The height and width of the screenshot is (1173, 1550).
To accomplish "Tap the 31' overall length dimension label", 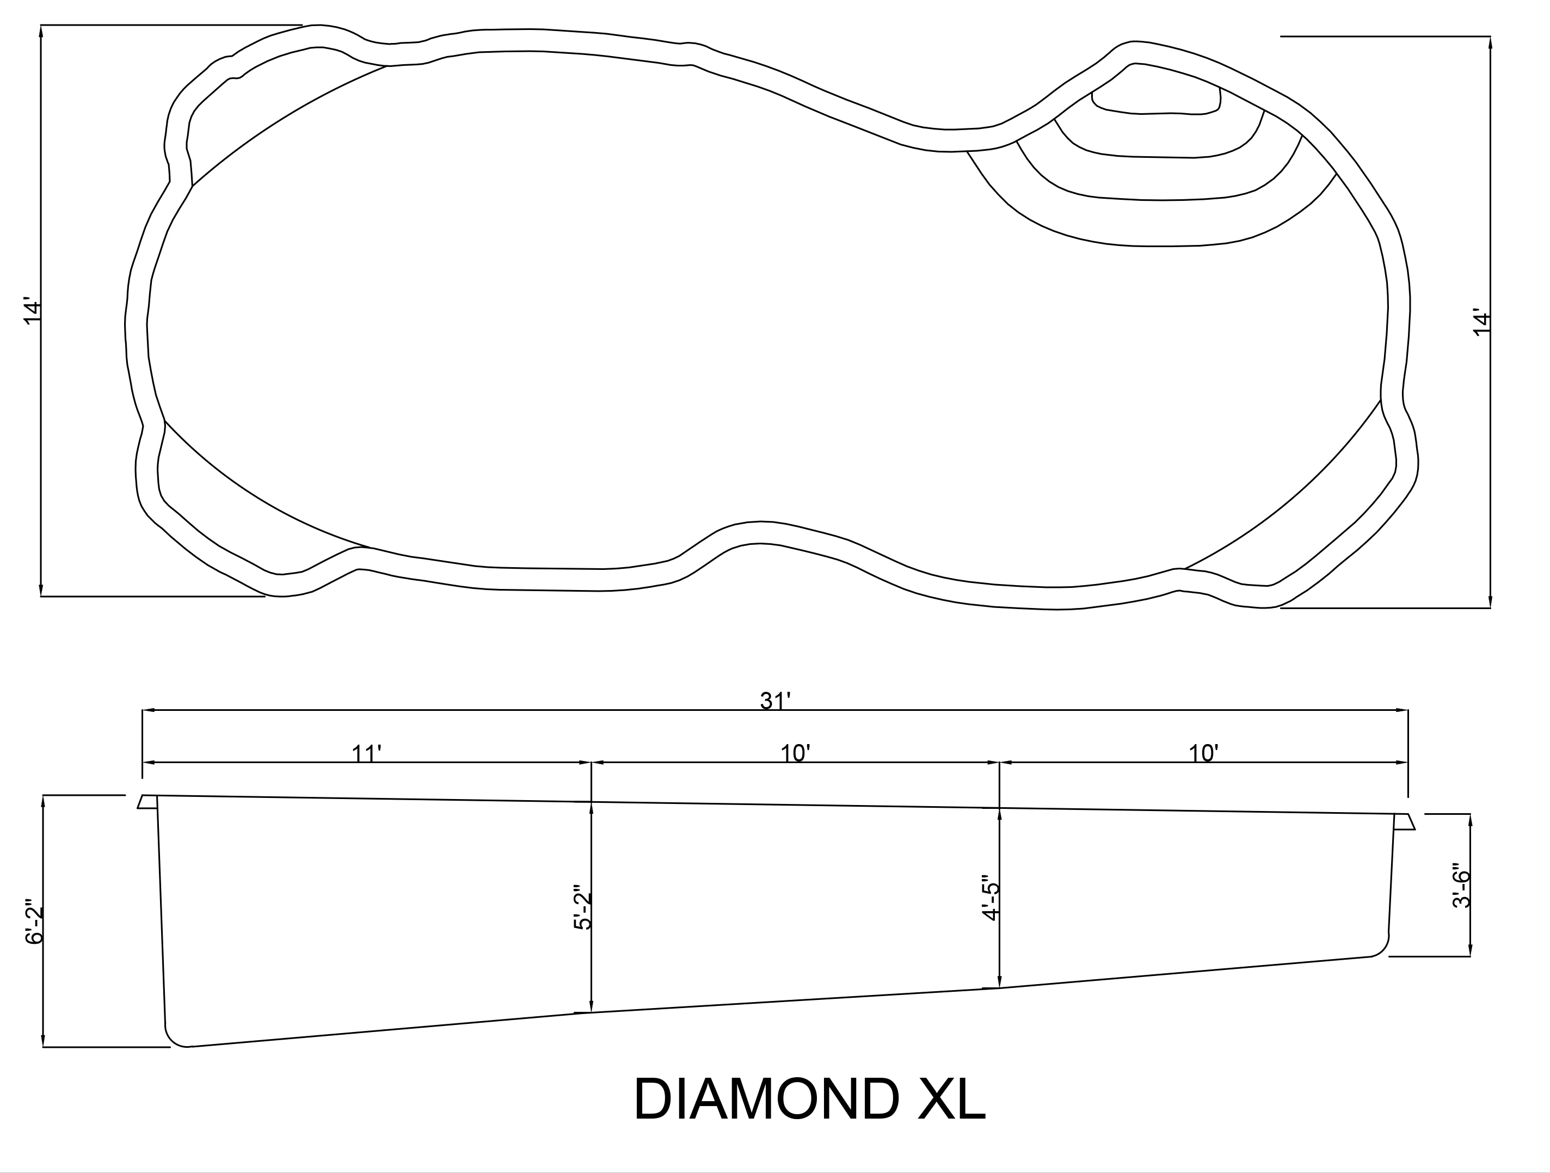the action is tap(776, 700).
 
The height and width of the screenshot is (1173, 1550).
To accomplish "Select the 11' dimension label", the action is tap(366, 753).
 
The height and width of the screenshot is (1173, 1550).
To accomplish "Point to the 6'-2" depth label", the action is tap(34, 922).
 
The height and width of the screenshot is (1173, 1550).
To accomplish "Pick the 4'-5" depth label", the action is tap(990, 898).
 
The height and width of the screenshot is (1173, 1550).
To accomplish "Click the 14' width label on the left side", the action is tap(33, 312).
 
